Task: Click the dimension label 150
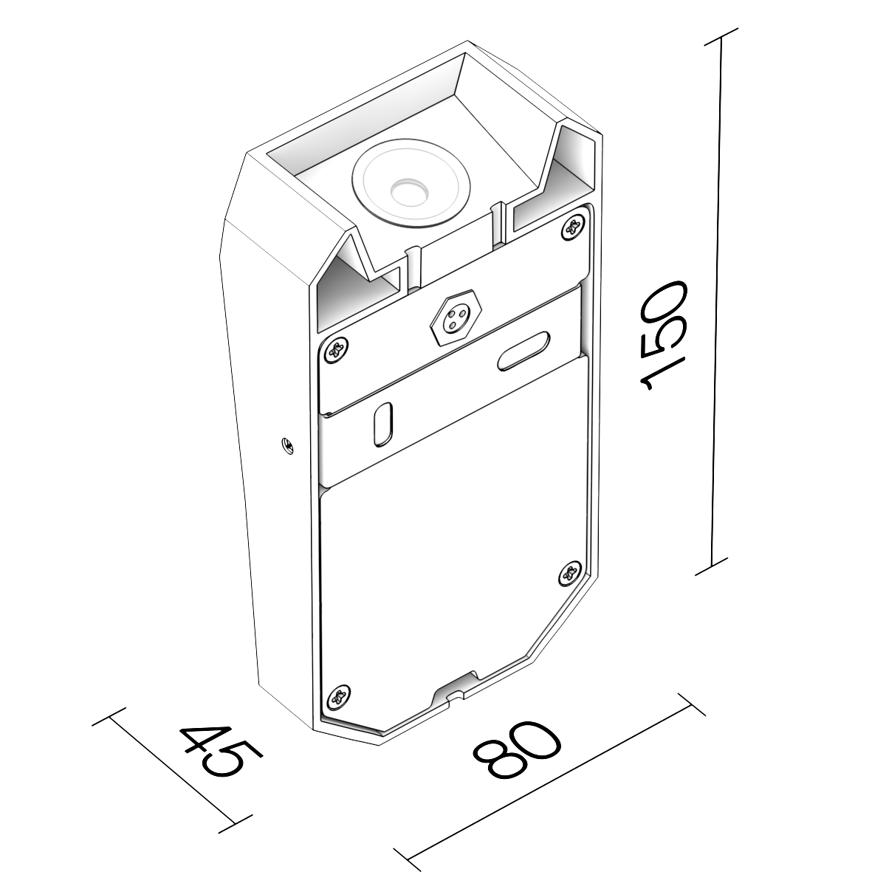[x=662, y=336]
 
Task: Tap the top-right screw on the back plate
[x=574, y=227]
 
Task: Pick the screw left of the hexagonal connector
[x=336, y=350]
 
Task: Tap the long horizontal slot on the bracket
[x=523, y=351]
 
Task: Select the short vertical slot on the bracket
[x=383, y=425]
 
